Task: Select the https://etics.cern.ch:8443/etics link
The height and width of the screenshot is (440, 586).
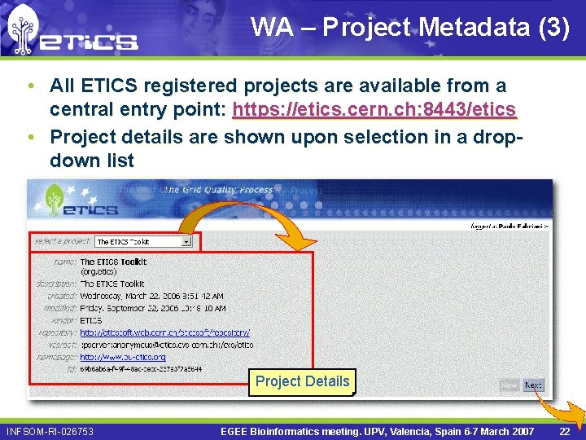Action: pos(374,109)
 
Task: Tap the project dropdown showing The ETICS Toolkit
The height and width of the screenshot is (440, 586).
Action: pos(143,241)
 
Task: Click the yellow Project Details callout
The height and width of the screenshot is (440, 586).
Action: pos(302,381)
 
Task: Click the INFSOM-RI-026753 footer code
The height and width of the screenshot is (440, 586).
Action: pos(50,430)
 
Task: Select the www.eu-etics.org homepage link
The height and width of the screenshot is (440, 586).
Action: pos(123,357)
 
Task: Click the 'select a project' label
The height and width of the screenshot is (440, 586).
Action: pos(62,241)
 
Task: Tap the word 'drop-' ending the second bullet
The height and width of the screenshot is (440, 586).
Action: pos(497,136)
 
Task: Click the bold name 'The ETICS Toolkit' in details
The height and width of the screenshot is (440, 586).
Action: pos(113,262)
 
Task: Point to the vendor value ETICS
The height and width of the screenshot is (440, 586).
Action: pos(91,320)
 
